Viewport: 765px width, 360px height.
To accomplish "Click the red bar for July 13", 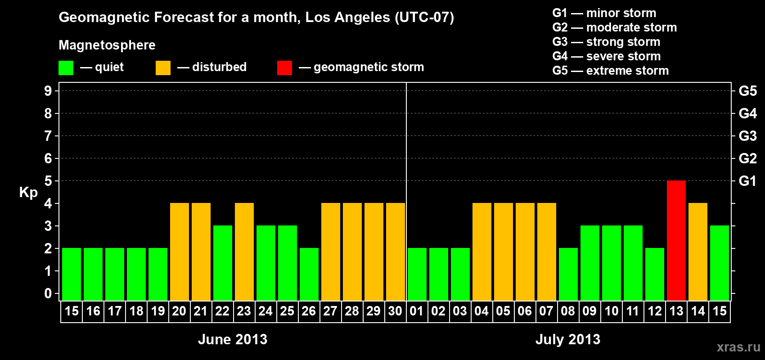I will [676, 240].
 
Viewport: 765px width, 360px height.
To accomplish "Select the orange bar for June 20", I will [180, 252].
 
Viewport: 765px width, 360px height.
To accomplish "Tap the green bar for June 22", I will [223, 263].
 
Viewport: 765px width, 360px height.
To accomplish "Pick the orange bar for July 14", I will [698, 252].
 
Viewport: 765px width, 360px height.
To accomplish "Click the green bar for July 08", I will [568, 274].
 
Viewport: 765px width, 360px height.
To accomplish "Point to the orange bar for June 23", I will [244, 252].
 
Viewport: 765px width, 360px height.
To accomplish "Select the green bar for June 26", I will [309, 274].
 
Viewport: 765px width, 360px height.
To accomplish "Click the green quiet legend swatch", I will [66, 68].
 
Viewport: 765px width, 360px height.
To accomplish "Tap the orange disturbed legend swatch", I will [163, 68].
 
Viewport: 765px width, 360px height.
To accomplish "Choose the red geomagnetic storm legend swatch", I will [284, 68].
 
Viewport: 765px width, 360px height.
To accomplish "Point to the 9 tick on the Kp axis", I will [48, 91].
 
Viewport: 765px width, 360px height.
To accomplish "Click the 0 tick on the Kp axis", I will [48, 293].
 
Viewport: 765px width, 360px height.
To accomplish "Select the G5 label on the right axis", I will [747, 91].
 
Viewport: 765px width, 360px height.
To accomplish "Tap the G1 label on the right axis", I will [747, 181].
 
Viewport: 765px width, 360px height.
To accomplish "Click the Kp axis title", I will [28, 192].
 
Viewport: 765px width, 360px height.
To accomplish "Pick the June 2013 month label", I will [233, 339].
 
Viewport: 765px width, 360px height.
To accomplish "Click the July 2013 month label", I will [568, 339].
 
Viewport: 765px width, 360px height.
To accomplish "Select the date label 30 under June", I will [395, 311].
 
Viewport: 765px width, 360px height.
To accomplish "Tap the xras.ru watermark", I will [738, 347].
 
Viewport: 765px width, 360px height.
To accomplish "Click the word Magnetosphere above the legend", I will [107, 45].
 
